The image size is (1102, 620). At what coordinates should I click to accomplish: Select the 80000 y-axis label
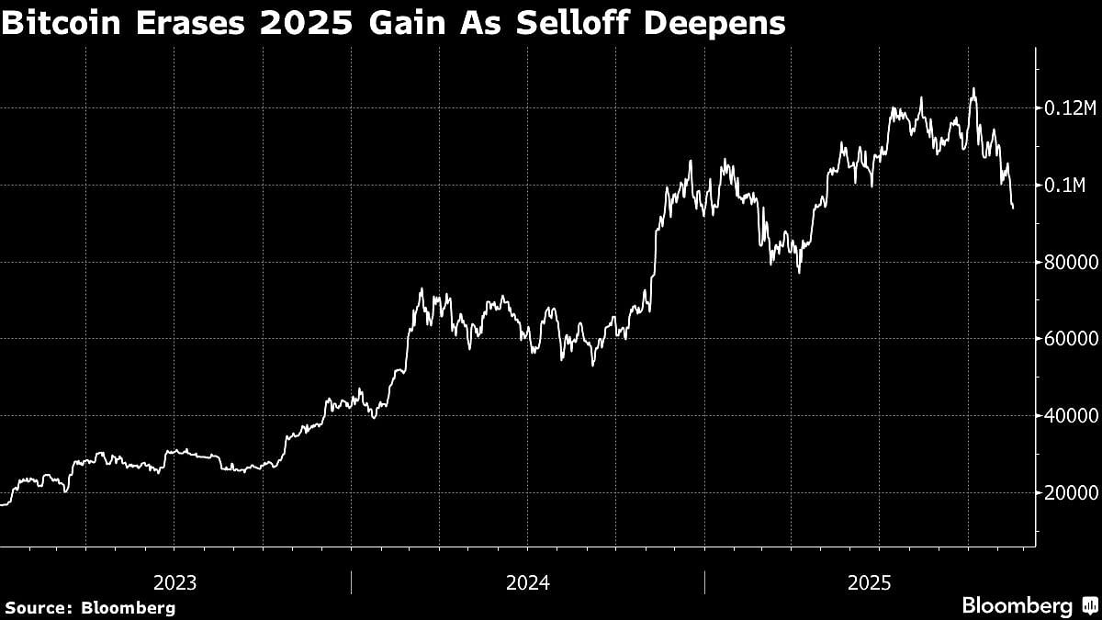coord(1069,263)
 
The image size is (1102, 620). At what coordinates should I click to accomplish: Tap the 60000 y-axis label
coord(1069,339)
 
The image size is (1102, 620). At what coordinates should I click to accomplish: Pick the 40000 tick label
coord(1069,416)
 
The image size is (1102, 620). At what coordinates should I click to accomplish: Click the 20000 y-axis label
coord(1069,492)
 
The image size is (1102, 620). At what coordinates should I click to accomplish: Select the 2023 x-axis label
coord(174,582)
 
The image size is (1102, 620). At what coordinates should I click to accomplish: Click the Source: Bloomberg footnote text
coord(90,607)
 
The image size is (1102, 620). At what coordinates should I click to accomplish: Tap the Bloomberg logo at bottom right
coord(1017,606)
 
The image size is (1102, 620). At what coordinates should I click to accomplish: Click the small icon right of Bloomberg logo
coord(1089,606)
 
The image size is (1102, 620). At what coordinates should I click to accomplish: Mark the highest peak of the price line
coord(973,89)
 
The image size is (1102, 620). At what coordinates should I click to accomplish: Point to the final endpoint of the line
coord(1013,209)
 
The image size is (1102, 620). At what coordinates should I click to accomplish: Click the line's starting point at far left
coord(2,504)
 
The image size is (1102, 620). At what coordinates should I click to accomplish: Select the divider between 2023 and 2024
coord(352,581)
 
